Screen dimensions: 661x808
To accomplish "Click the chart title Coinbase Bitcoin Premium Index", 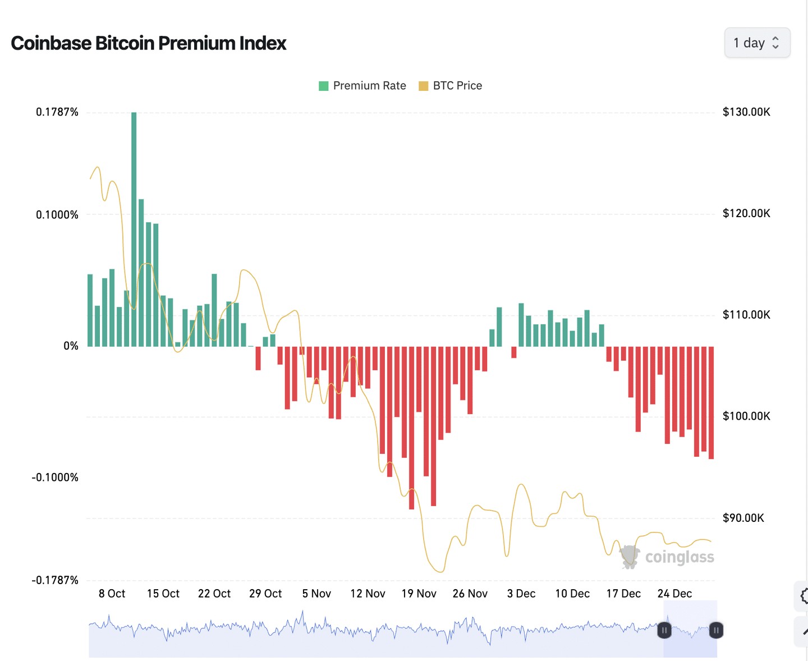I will (149, 43).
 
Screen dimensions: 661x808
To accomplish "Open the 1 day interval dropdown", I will (757, 43).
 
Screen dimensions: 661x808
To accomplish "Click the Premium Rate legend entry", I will (362, 86).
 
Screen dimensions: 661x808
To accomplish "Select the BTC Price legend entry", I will (451, 86).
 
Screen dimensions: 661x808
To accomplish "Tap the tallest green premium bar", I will (134, 224).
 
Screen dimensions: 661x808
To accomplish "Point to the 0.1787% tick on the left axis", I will (57, 112).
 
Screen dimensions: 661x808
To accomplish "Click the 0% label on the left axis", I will (71, 346).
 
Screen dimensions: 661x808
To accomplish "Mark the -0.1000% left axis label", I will (55, 478).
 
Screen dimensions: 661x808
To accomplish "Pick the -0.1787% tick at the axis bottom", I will (55, 580).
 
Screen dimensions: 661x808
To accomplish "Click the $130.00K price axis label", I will (746, 112).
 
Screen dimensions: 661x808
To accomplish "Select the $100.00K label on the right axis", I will (746, 416).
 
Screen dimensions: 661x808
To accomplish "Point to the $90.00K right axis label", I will (743, 518).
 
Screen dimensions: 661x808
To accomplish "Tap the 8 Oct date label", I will (112, 594).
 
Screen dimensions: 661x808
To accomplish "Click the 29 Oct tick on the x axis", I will (265, 594).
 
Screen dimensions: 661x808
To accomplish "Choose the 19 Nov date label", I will (419, 594).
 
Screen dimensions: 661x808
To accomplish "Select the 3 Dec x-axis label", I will (521, 594).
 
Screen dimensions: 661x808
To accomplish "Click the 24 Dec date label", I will (674, 594).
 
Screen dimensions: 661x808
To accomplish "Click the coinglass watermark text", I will (680, 557).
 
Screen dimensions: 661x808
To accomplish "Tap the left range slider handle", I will (664, 630).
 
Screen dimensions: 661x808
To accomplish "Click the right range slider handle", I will (716, 630).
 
